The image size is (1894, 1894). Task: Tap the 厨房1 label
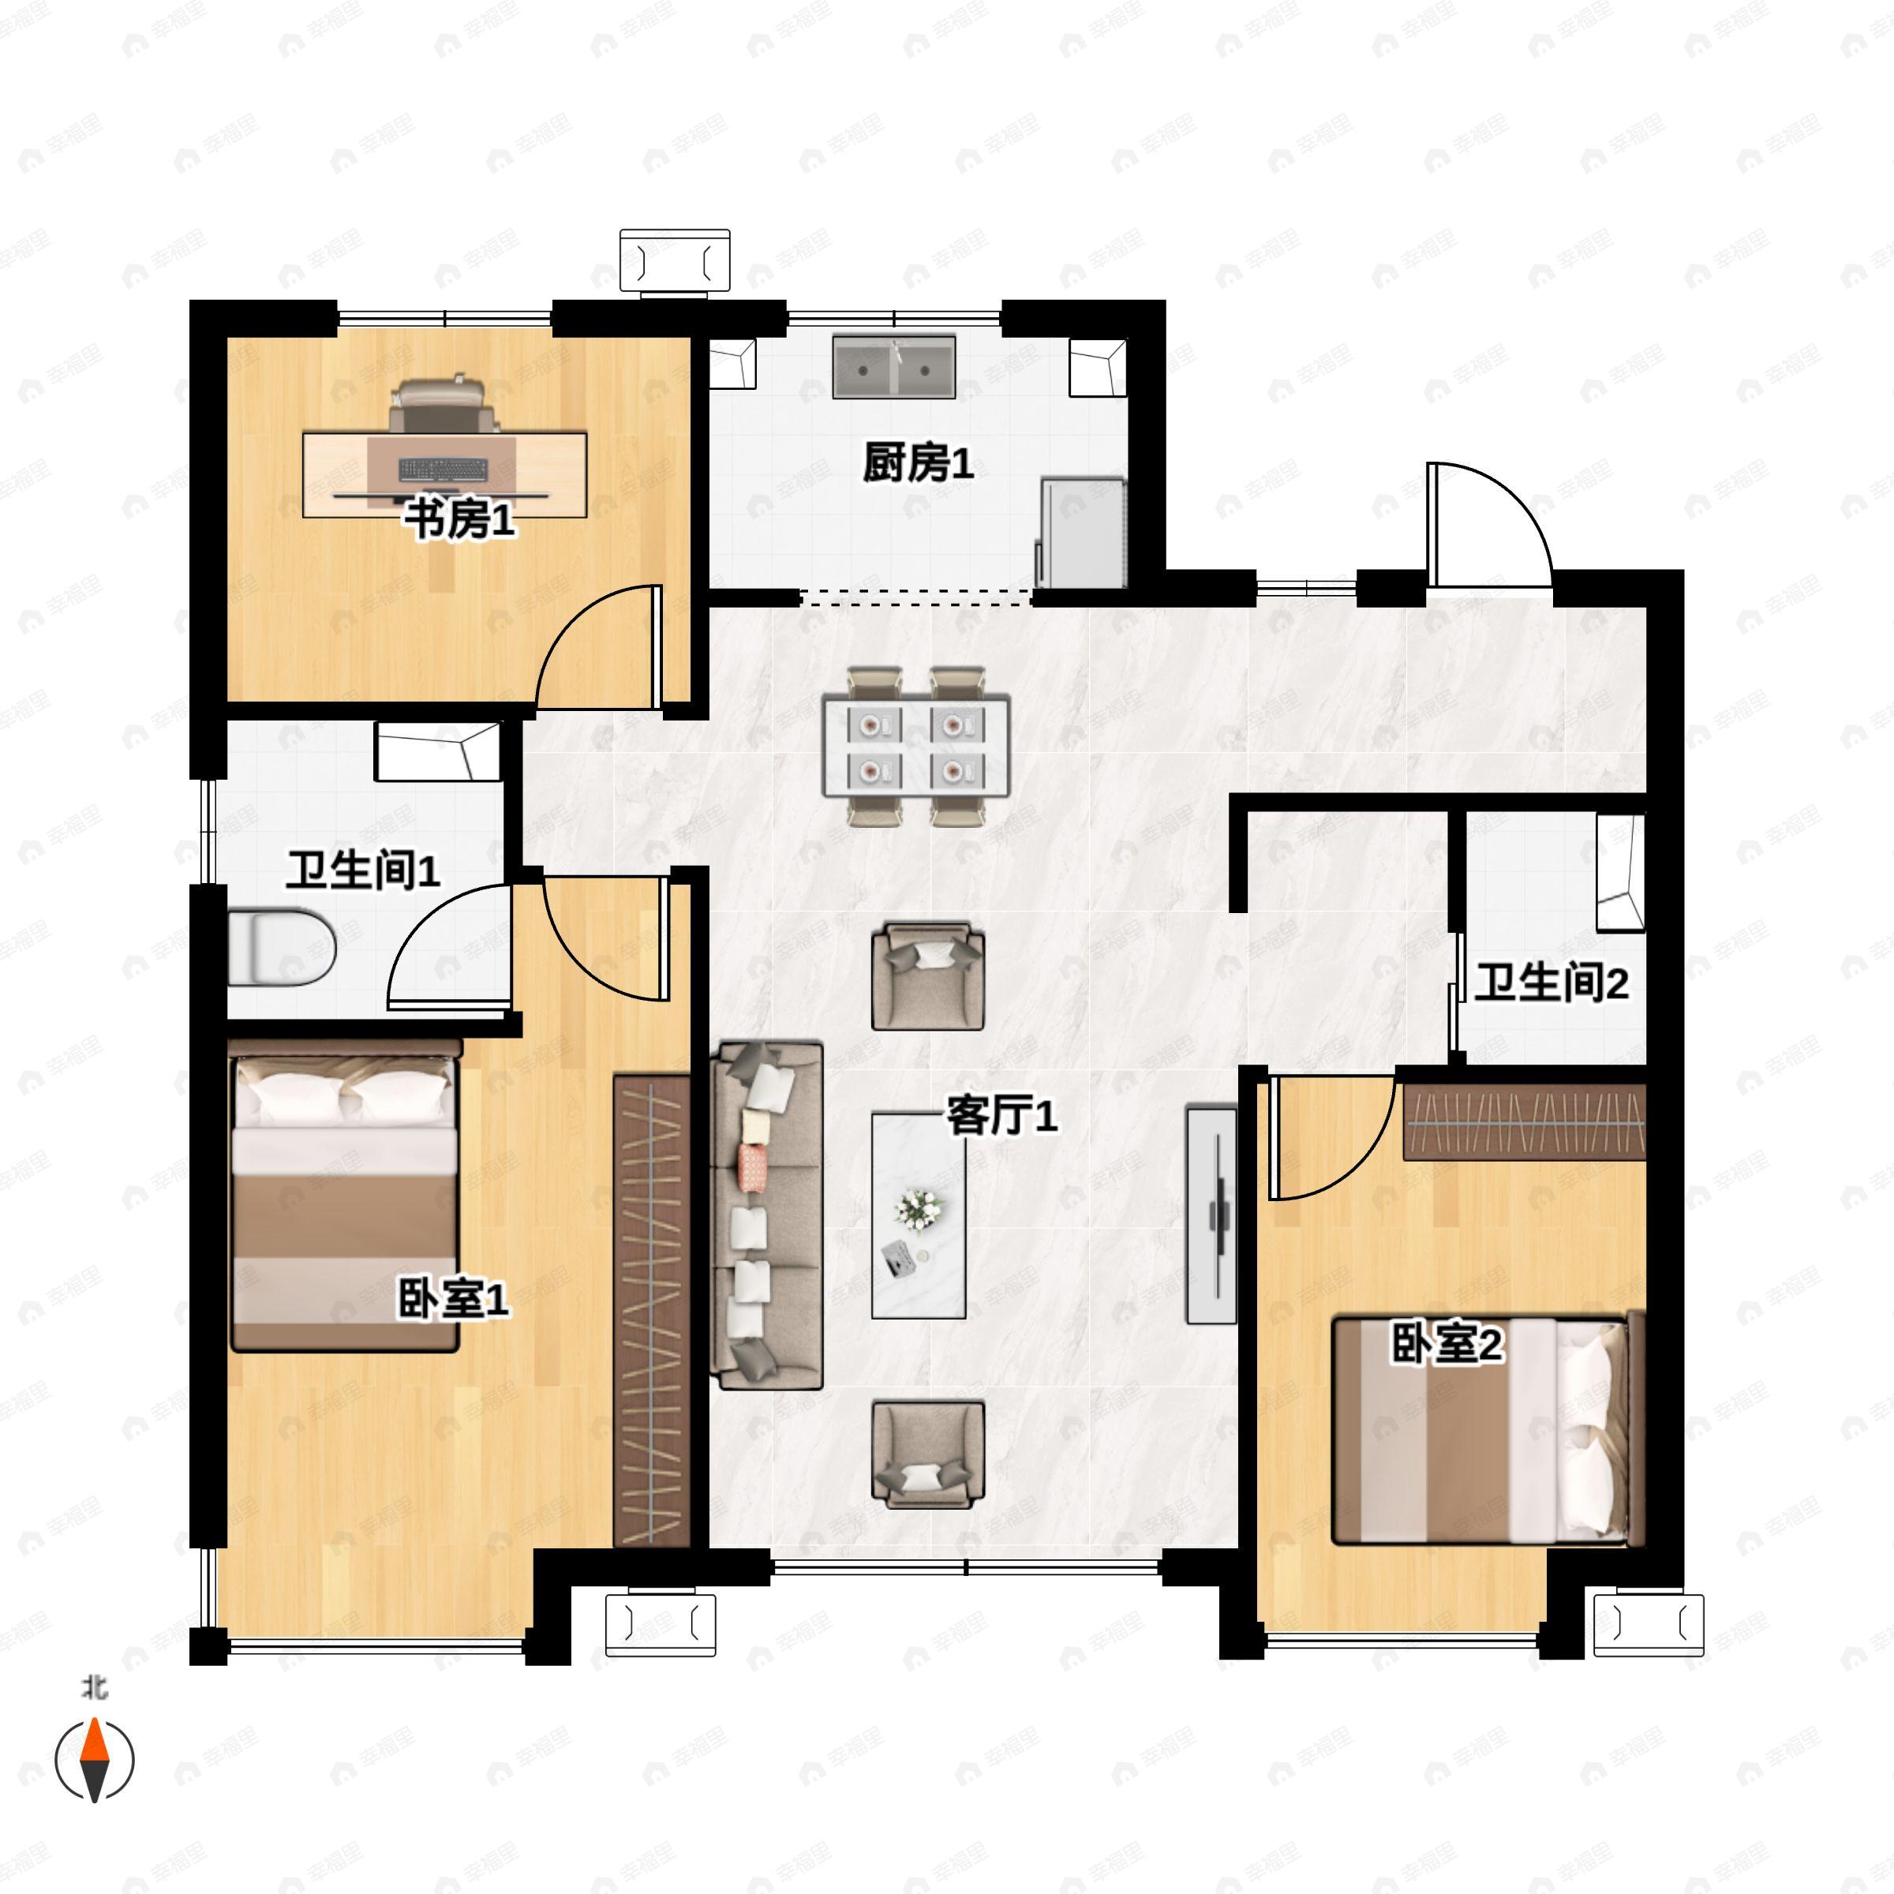pyautogui.click(x=919, y=464)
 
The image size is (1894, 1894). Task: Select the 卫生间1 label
pyautogui.click(x=364, y=870)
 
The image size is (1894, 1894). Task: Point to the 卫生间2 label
pyautogui.click(x=1552, y=983)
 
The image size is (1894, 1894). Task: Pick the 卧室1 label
pyautogui.click(x=453, y=1300)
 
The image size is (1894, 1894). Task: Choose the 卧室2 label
pyautogui.click(x=1447, y=1344)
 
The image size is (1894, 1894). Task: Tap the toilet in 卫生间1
pyautogui.click(x=283, y=948)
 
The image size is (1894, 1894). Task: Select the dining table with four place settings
pyautogui.click(x=915, y=745)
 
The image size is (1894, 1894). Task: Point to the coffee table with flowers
pyautogui.click(x=919, y=1215)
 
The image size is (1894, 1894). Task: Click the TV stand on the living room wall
pyautogui.click(x=1211, y=1214)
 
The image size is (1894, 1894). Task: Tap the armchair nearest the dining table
pyautogui.click(x=928, y=976)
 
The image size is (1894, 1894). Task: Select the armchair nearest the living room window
pyautogui.click(x=928, y=1454)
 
